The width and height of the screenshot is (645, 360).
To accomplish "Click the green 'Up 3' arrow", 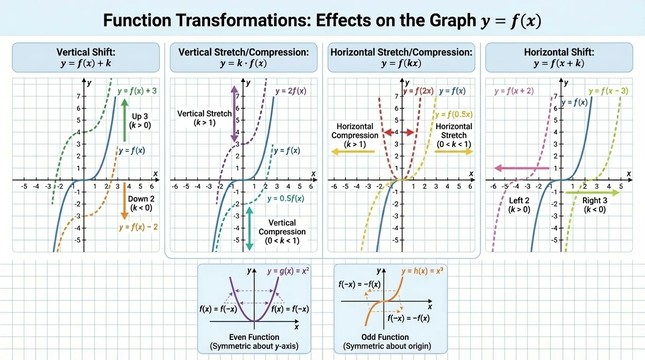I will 124,120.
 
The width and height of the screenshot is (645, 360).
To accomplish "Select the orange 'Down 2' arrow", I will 124,201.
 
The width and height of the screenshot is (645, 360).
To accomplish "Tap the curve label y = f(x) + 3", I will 137,91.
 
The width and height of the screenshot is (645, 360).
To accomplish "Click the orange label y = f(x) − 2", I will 138,227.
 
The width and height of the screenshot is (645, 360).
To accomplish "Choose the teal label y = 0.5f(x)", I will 285,198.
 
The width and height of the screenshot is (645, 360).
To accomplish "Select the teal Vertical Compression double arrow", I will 249,228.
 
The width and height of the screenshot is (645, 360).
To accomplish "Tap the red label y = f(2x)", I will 418,91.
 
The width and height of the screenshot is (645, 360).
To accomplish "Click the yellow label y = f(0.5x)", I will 454,114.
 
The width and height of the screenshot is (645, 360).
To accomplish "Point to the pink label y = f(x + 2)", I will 514,91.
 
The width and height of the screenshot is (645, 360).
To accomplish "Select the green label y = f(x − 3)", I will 608,91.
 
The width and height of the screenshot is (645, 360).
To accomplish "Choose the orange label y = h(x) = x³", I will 422,271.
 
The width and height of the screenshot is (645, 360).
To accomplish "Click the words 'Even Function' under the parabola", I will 254,337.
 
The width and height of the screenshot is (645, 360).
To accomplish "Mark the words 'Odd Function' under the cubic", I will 385,337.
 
